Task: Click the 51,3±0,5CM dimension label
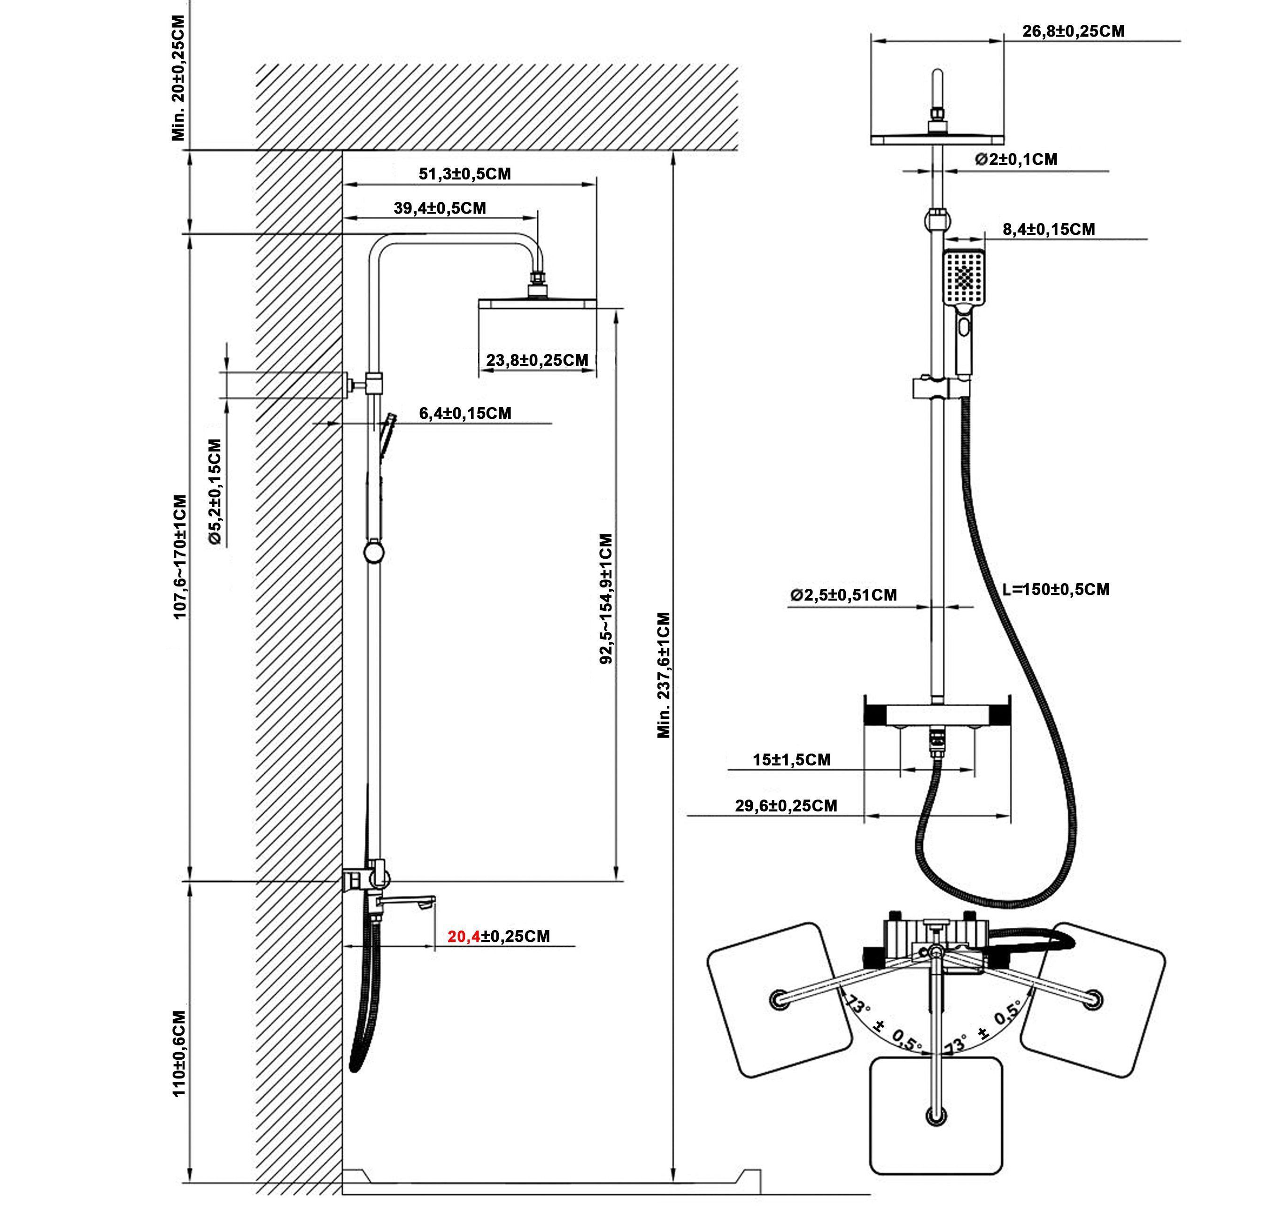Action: pyautogui.click(x=464, y=174)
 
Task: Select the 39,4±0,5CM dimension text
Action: pyautogui.click(x=440, y=208)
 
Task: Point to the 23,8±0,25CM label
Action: pyautogui.click(x=537, y=360)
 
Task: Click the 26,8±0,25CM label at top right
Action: pyautogui.click(x=1074, y=31)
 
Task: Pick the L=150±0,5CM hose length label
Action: pyautogui.click(x=1055, y=589)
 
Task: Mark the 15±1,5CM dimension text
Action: pyautogui.click(x=792, y=760)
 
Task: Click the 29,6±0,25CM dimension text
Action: pyautogui.click(x=786, y=806)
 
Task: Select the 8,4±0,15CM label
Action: pyautogui.click(x=1049, y=229)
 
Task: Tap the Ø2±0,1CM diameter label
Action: pyautogui.click(x=1016, y=159)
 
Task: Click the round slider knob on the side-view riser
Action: pyautogui.click(x=374, y=554)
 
